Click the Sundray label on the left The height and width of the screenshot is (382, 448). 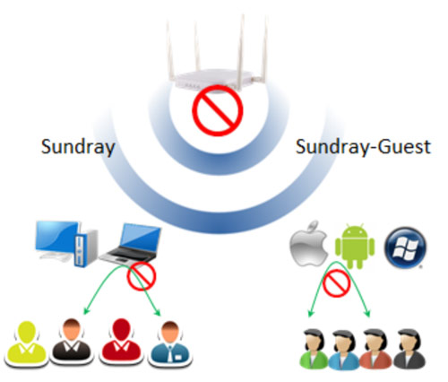pos(78,147)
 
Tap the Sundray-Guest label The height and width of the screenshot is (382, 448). pos(363,147)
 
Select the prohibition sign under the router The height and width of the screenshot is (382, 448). pos(218,110)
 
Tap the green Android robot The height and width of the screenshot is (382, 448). pos(355,246)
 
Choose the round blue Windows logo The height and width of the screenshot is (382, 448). pos(405,247)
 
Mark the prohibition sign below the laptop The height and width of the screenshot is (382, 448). pos(142,276)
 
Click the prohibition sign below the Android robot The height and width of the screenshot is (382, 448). pos(337,283)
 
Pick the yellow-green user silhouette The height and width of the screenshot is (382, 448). pos(26,343)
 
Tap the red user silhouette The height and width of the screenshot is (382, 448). pos(121,342)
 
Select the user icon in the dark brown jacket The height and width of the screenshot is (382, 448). pos(72,342)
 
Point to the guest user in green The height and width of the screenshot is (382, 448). pos(314,349)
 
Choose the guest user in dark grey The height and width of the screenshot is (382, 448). pos(409,349)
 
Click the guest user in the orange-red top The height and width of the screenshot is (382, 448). pos(377,349)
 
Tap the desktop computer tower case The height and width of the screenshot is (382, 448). pos(86,248)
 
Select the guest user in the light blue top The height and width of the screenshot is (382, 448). pos(345,350)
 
